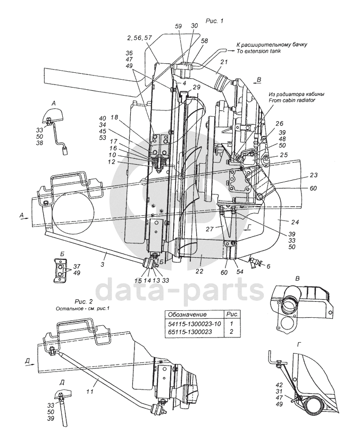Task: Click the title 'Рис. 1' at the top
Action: pos(214,21)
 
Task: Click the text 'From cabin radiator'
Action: pos(292,100)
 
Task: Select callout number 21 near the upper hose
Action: pos(224,62)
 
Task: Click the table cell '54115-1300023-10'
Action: pos(194,324)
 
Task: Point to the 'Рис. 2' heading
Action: pos(83,302)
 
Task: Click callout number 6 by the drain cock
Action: pos(268,266)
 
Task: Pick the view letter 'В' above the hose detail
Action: pos(298,278)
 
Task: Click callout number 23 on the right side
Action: pos(314,175)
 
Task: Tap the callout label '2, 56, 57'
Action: pos(139,38)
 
